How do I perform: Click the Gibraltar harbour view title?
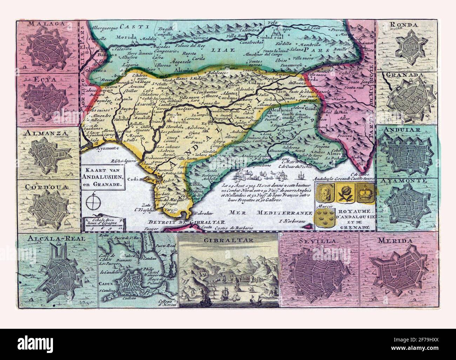click(228, 241)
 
